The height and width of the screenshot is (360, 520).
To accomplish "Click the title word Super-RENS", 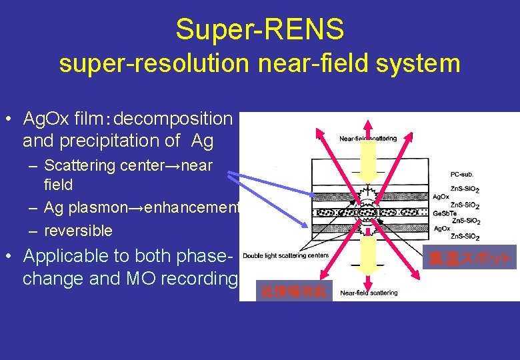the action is click(x=260, y=29).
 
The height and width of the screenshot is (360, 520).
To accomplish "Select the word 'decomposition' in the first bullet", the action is click(x=173, y=119).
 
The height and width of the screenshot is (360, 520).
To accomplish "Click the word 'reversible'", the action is click(x=78, y=231).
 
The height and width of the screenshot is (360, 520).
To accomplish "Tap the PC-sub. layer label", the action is click(x=464, y=175).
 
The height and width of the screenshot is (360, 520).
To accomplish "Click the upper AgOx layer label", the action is click(x=441, y=197).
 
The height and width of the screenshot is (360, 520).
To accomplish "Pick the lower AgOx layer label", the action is click(x=441, y=229).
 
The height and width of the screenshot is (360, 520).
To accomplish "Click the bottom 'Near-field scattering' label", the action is click(x=369, y=292).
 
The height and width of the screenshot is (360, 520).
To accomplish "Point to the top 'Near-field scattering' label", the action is click(x=368, y=139).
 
